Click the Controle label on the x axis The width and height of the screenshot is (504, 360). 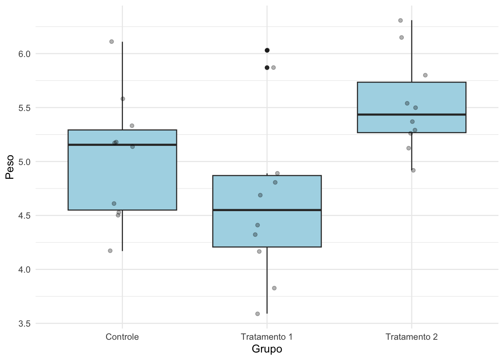[x=122, y=337]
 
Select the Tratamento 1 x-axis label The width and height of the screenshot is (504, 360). [x=267, y=337]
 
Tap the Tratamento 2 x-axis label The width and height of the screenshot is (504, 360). [x=411, y=337]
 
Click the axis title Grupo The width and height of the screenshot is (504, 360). [x=267, y=349]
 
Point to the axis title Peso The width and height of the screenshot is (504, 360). [x=10, y=167]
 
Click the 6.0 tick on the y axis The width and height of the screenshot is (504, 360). [x=24, y=54]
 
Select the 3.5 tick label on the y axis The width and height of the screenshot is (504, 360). [x=24, y=324]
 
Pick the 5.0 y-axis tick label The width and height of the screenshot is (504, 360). [x=24, y=162]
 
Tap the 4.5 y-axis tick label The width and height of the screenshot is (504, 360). [x=24, y=216]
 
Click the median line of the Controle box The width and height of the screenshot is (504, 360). [x=122, y=144]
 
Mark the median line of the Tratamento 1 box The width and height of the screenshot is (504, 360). [x=267, y=210]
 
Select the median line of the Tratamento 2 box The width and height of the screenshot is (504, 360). [x=411, y=114]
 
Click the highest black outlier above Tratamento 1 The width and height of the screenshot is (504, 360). [x=267, y=50]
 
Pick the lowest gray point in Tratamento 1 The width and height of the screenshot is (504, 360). [x=258, y=314]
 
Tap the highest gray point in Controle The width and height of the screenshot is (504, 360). [x=111, y=42]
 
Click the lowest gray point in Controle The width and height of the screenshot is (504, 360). [x=110, y=251]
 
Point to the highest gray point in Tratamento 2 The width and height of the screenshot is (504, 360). [x=400, y=21]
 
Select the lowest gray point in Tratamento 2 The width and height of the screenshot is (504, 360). [x=413, y=170]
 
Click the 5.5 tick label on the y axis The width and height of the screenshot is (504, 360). [x=24, y=108]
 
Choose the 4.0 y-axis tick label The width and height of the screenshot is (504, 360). [x=24, y=270]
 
